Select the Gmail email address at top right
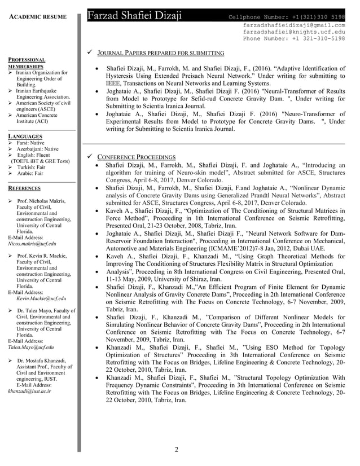(x=293, y=25)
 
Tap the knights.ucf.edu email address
(x=293, y=32)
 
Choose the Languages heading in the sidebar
(x=25, y=137)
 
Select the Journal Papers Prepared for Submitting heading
(x=161, y=54)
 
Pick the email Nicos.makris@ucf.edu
(x=32, y=244)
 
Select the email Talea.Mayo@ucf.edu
(x=31, y=348)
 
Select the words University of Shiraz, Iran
(x=192, y=279)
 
